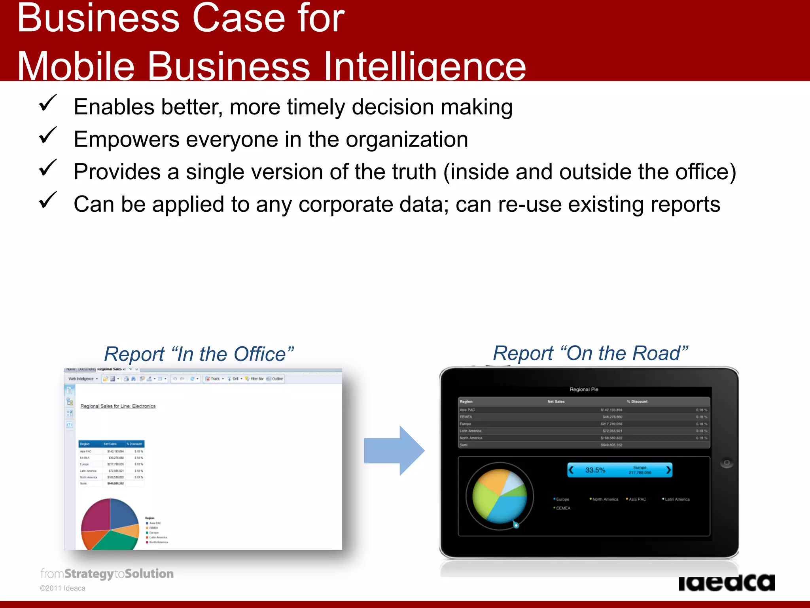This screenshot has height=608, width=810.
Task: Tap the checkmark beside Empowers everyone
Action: pyautogui.click(x=48, y=136)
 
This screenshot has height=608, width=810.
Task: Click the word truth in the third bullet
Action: pyautogui.click(x=414, y=172)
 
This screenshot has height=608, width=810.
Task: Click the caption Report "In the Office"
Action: pyautogui.click(x=199, y=354)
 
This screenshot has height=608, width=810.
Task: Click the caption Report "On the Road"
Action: pyautogui.click(x=590, y=353)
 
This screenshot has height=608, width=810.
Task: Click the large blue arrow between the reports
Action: pyautogui.click(x=394, y=450)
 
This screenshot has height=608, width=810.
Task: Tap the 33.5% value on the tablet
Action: pyautogui.click(x=595, y=470)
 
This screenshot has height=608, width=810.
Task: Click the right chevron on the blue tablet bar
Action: pyautogui.click(x=668, y=470)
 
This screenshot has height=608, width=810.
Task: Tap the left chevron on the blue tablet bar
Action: pyautogui.click(x=571, y=470)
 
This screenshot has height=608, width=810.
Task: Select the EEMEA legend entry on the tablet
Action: pyautogui.click(x=563, y=508)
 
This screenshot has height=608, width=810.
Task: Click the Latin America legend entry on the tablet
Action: pyautogui.click(x=677, y=500)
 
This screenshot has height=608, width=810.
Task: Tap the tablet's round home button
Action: pyautogui.click(x=727, y=463)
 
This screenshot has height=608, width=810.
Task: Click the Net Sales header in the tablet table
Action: pyautogui.click(x=556, y=402)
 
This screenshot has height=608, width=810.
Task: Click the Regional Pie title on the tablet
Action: pyautogui.click(x=584, y=389)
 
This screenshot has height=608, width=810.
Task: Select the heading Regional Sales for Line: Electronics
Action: pyautogui.click(x=118, y=406)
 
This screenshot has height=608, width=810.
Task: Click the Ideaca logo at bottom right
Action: pyautogui.click(x=726, y=583)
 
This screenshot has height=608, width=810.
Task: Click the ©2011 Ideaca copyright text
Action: pyautogui.click(x=62, y=588)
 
